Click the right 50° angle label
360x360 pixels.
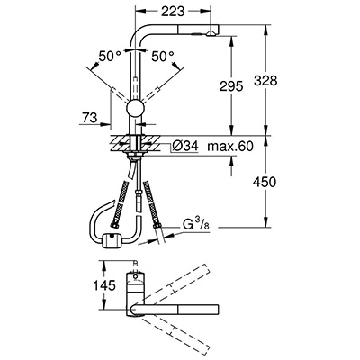click(x=163, y=57)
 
